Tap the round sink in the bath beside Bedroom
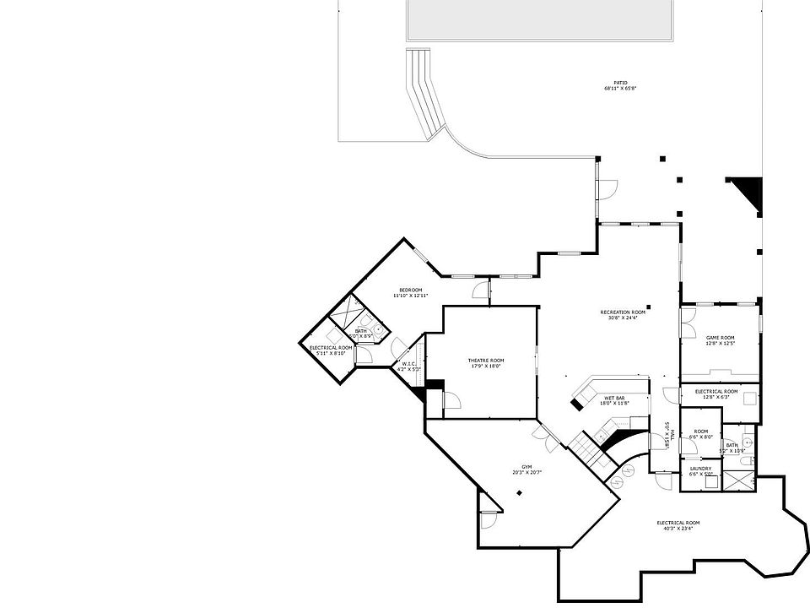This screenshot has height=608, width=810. point(379,329)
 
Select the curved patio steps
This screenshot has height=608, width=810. point(424,93)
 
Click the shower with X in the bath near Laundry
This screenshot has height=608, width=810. point(740,480)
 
